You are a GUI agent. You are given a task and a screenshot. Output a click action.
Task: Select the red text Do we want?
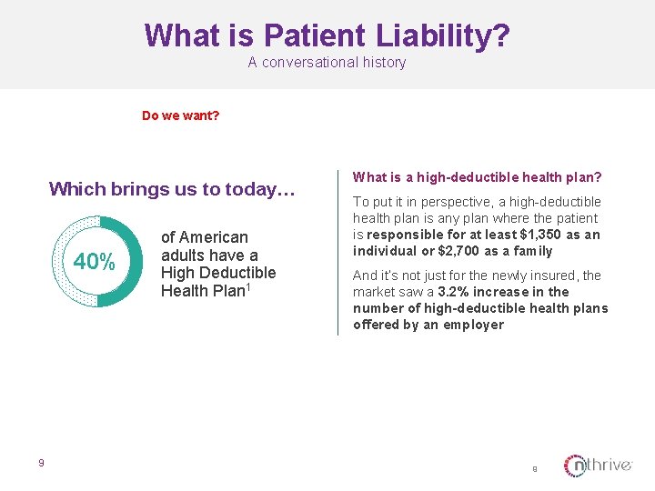point(180,115)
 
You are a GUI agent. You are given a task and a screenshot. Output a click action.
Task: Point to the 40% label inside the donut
point(95,262)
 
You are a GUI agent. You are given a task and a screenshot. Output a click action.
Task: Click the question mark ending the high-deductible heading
point(598,177)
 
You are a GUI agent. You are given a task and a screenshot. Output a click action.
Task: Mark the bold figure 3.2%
point(454,292)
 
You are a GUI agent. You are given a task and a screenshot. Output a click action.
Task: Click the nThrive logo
point(598,466)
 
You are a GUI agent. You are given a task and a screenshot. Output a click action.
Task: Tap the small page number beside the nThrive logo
point(535,469)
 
